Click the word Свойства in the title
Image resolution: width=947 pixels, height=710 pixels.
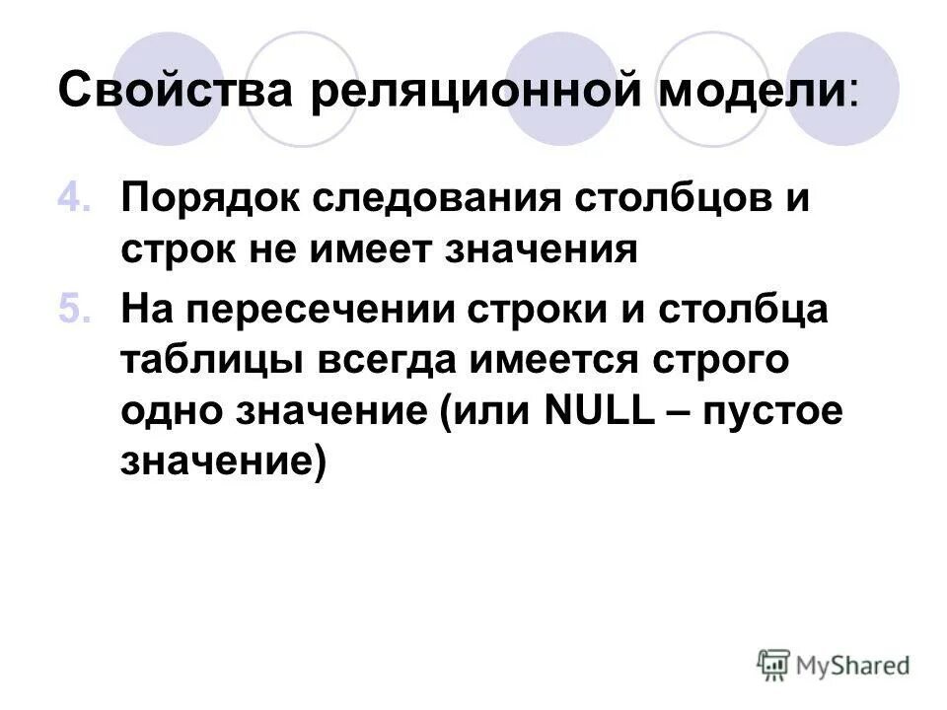[x=178, y=93]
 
